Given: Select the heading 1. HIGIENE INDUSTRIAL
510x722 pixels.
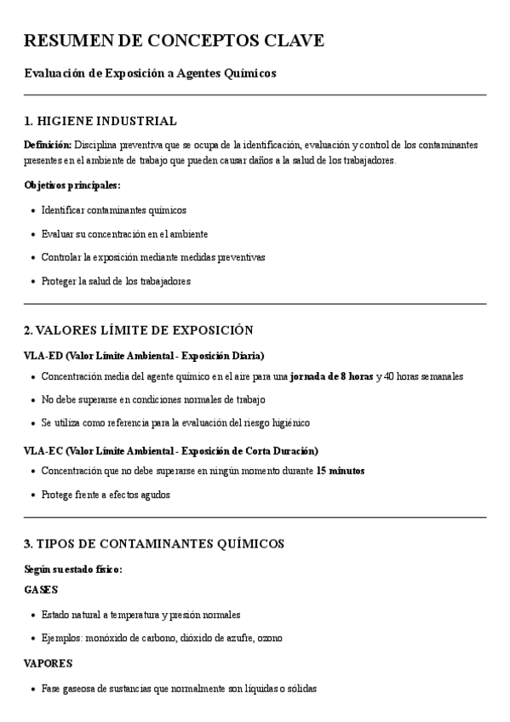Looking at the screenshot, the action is tap(100, 121).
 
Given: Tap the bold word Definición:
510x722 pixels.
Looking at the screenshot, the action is tap(48, 146).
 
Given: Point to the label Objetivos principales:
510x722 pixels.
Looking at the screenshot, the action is tap(72, 185).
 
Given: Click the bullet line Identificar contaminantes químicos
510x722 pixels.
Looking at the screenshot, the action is tap(113, 209).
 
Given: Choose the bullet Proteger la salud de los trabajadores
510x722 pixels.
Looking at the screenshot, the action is tap(116, 281).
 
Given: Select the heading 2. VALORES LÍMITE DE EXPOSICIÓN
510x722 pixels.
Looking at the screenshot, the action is tap(139, 329).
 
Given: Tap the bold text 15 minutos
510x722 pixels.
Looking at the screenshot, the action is tap(341, 471).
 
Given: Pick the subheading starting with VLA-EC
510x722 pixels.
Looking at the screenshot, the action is tap(171, 450).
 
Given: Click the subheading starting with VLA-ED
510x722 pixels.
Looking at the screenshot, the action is tap(144, 355).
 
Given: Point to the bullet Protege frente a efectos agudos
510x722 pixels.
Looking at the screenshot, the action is tap(106, 495).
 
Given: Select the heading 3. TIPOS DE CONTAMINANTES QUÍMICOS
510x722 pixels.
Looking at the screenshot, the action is tap(154, 543).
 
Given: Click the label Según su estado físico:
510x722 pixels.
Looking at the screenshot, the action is tap(73, 569).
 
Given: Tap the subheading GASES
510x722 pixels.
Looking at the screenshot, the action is tap(41, 589).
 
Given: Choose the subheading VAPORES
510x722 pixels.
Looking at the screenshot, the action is tap(48, 662).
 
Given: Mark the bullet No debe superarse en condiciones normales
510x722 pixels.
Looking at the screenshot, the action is tap(153, 399).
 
